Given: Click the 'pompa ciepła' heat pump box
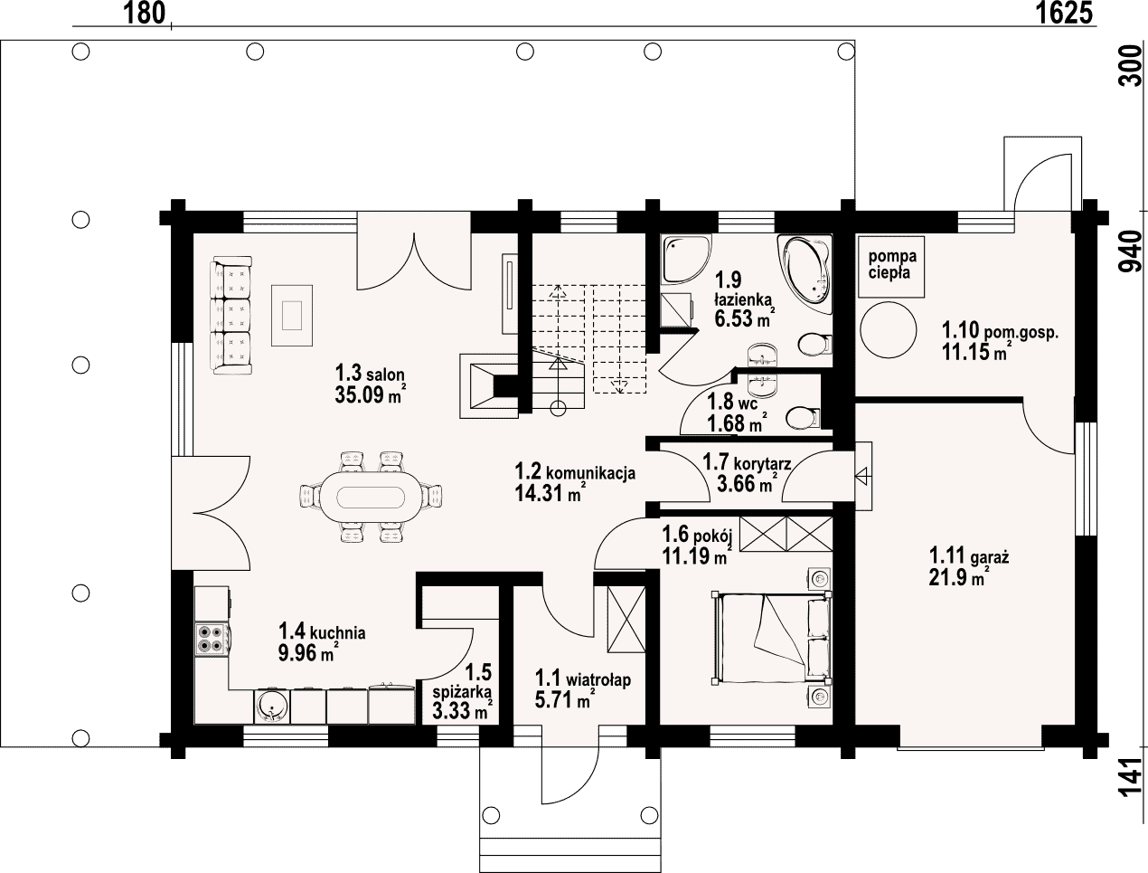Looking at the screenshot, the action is click(891, 266).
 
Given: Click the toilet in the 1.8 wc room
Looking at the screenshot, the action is click(803, 418).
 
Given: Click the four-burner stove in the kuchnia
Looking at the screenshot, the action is click(212, 639).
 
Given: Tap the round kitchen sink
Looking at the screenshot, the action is click(271, 706).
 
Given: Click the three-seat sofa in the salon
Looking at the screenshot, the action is click(231, 315).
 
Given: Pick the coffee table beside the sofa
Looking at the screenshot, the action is click(291, 315).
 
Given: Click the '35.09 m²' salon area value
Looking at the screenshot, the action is click(371, 395).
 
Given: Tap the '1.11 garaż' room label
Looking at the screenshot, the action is click(969, 555).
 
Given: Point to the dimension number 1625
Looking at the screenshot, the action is click(1064, 13).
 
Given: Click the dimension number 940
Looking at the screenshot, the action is click(1130, 251).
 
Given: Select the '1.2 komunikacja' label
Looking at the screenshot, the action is click(575, 471).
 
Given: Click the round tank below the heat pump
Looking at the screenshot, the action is click(889, 330).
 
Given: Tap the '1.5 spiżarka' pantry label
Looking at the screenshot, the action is click(462, 682).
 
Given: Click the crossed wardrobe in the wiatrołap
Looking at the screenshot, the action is click(626, 619).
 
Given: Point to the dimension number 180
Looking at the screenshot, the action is click(144, 13).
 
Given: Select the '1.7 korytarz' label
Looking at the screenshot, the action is click(747, 462).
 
